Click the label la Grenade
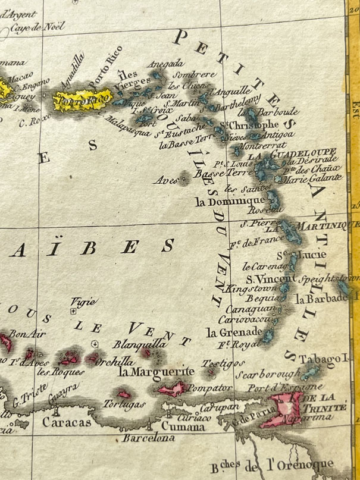tap(233, 331)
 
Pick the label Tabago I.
tap(322, 360)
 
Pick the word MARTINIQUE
tap(325, 224)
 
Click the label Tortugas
tap(126, 404)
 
